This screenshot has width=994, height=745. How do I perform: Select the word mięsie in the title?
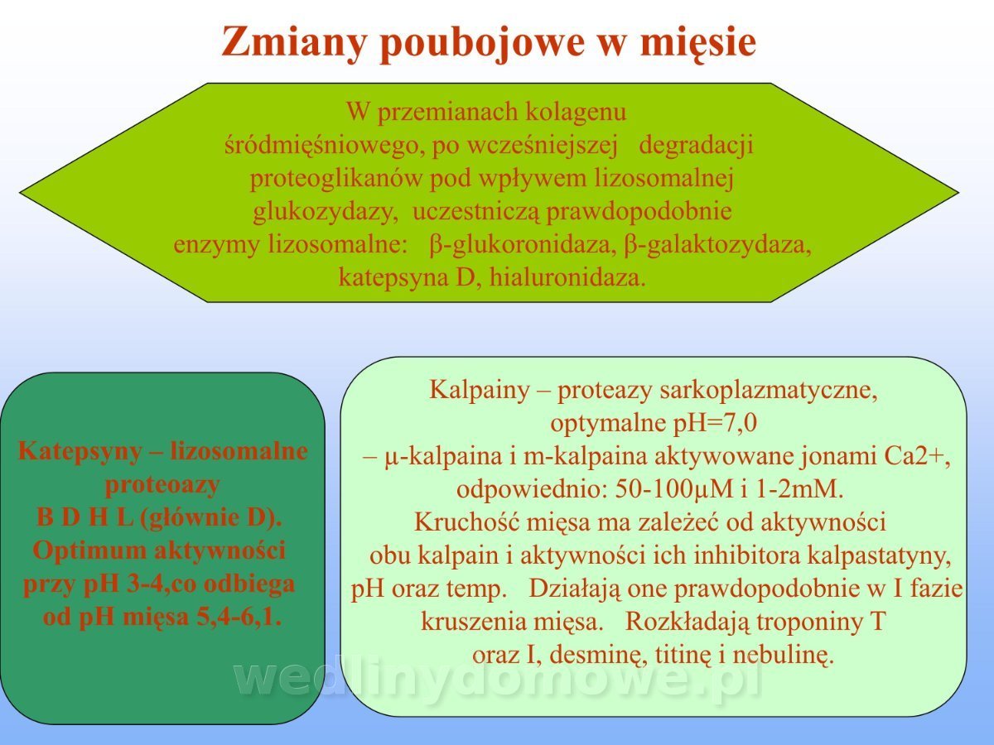pyautogui.click(x=697, y=42)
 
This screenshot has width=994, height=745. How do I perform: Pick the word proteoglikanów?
pyautogui.click(x=336, y=179)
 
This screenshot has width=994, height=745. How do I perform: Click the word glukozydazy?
pyautogui.click(x=326, y=212)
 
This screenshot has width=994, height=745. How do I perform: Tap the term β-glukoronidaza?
pyautogui.click(x=523, y=245)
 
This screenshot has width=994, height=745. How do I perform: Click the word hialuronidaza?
pyautogui.click(x=567, y=277)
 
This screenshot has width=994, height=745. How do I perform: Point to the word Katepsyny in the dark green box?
pyautogui.click(x=80, y=451)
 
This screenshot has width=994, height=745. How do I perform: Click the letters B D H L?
pyautogui.click(x=84, y=517)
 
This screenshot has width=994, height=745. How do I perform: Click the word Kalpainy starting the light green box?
pyautogui.click(x=479, y=390)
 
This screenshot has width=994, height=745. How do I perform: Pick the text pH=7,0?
pyautogui.click(x=715, y=423)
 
